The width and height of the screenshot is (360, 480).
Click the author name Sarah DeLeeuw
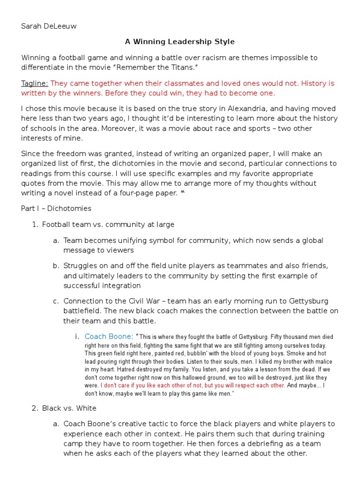click(x=49, y=26)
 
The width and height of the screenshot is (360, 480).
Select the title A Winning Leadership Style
click(x=180, y=42)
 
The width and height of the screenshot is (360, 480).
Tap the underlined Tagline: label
click(x=35, y=83)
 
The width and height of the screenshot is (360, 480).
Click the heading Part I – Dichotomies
click(x=56, y=208)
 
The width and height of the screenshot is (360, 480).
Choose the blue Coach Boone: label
click(x=109, y=337)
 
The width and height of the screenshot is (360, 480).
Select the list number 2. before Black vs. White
click(x=34, y=408)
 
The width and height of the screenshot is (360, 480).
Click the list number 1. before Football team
click(x=34, y=225)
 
